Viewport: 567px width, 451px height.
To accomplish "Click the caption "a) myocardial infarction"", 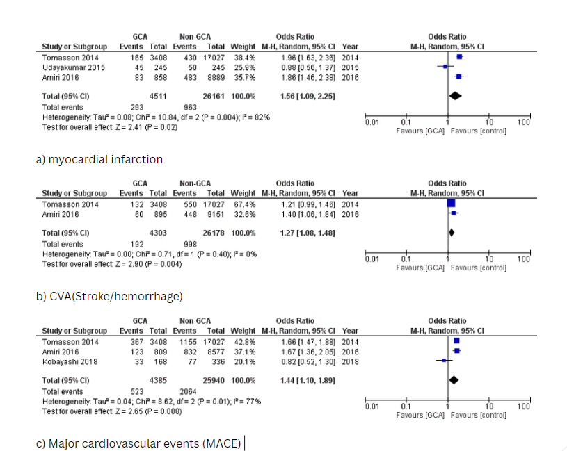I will (99, 159).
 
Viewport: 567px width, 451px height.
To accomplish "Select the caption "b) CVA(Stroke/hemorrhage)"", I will (109, 296).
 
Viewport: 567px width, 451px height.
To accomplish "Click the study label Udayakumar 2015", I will (73, 67).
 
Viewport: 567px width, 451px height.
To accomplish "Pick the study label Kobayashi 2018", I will (70, 362).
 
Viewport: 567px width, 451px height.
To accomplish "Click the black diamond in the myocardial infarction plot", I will (456, 96).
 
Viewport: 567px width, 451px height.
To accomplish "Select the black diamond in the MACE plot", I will (454, 380).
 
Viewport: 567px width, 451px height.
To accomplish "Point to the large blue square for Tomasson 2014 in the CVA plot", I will (451, 204).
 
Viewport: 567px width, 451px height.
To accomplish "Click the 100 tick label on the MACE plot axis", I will (523, 407).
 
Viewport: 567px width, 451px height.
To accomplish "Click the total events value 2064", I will (189, 391).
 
